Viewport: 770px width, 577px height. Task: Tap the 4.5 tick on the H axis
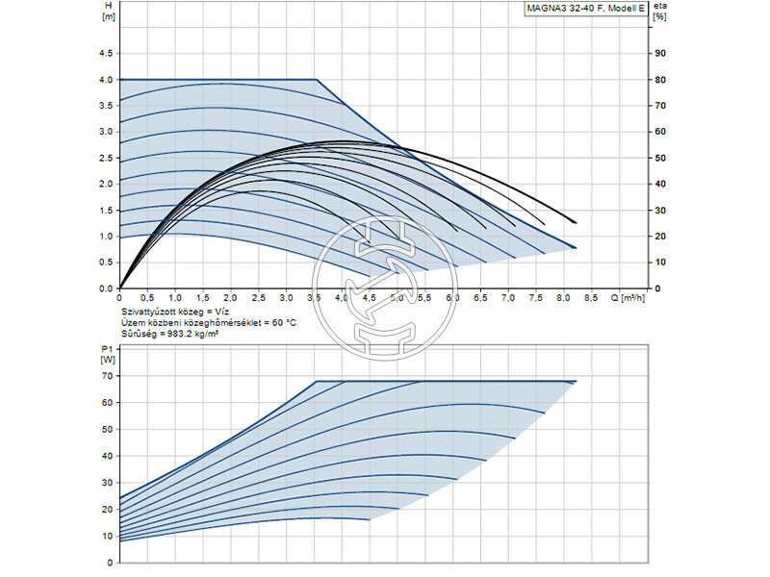tap(106, 53)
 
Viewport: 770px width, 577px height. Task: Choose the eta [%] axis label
tap(659, 12)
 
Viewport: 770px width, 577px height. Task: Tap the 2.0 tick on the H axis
tap(106, 184)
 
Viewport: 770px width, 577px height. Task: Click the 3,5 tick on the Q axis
tap(315, 300)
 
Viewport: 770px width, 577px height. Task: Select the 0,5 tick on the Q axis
tap(147, 300)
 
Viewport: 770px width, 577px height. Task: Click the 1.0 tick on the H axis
tap(106, 237)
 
